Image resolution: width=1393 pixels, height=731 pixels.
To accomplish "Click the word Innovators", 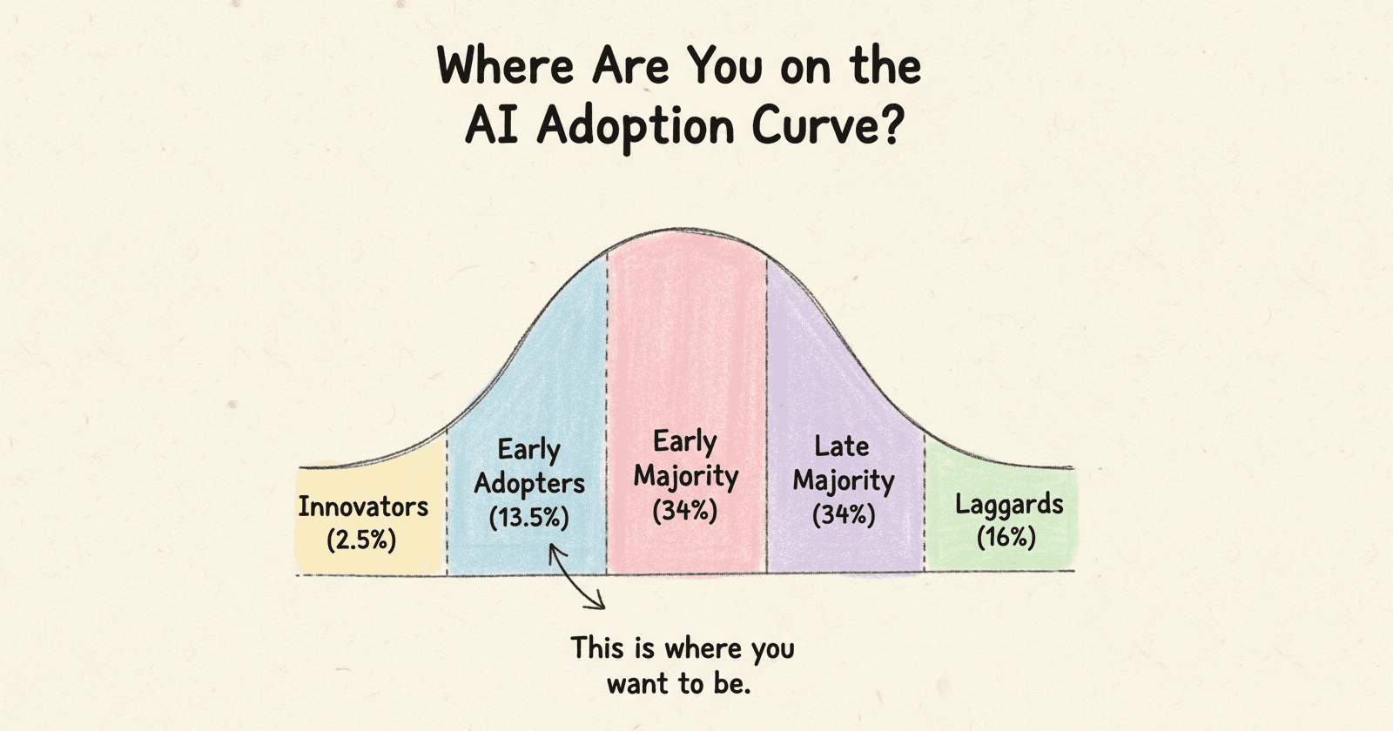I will pos(363,506).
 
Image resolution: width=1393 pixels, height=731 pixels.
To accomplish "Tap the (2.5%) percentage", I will pos(361,540).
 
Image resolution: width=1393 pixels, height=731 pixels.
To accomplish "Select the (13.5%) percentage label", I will pos(528,518).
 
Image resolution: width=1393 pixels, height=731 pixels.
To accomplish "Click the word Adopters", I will pos(529,484).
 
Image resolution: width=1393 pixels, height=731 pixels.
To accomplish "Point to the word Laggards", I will pos(1009,504).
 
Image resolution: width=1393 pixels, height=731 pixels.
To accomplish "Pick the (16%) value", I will pos(1006,537).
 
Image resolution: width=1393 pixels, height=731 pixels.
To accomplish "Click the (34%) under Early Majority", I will pos(685,510).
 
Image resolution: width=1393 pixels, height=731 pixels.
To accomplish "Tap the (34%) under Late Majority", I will pos(843,514).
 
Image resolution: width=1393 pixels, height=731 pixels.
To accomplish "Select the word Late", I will pos(841,446).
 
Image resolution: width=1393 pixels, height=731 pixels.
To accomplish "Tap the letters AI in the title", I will pos(493,127).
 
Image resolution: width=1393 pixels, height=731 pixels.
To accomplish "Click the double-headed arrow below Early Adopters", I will pos(576,576).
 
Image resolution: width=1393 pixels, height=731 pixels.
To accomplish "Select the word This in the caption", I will pos(597,648).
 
